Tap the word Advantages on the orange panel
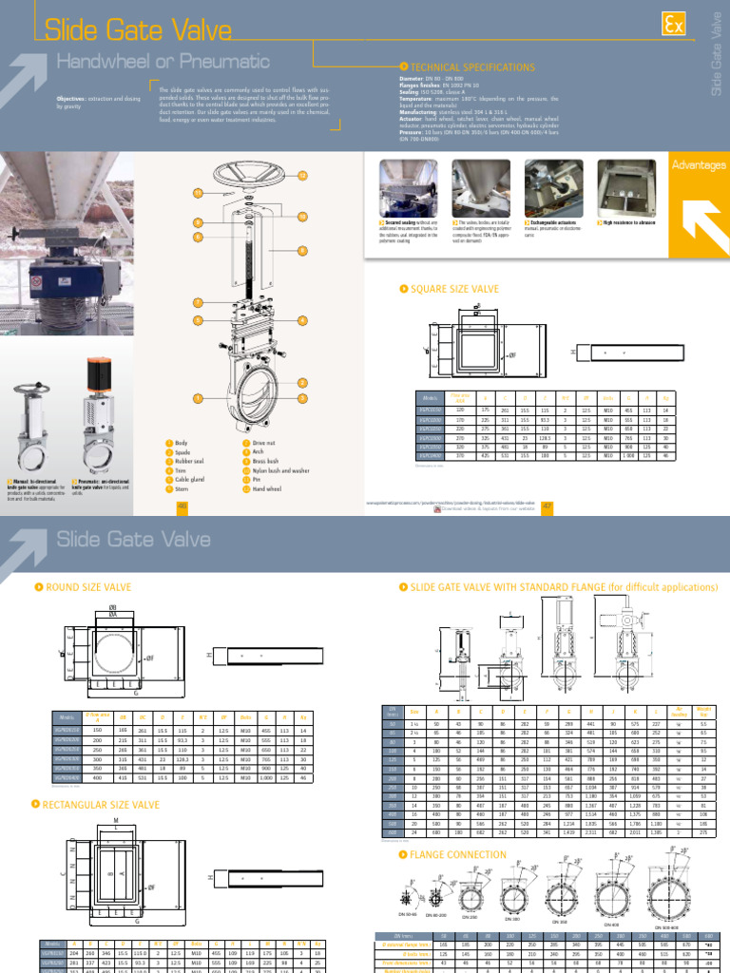click(x=699, y=165)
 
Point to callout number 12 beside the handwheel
click(x=303, y=176)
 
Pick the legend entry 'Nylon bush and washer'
click(x=279, y=469)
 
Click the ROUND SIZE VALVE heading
click(x=88, y=588)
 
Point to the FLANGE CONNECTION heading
click(x=452, y=854)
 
